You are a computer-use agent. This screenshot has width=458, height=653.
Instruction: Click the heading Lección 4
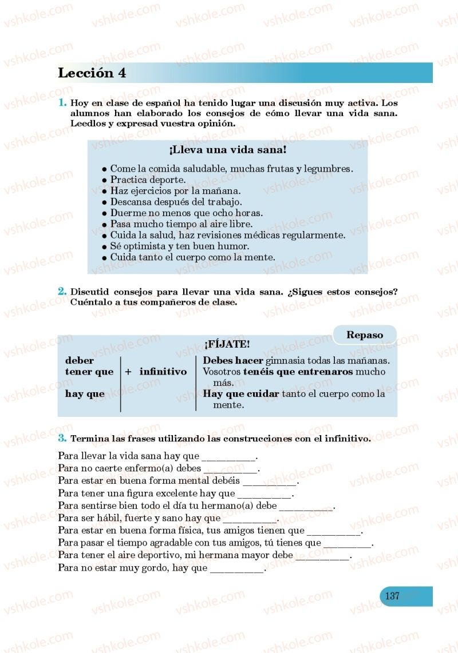(x=92, y=73)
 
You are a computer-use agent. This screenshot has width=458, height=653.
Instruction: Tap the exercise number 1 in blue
(x=62, y=103)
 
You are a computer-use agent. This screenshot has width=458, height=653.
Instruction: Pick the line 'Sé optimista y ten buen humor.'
(x=179, y=246)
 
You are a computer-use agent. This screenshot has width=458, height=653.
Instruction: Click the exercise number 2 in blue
(x=62, y=291)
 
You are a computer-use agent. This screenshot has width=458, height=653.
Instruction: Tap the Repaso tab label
(x=365, y=335)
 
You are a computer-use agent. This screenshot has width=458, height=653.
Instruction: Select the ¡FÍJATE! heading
(x=227, y=344)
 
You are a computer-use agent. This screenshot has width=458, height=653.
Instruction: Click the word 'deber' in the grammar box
(x=80, y=361)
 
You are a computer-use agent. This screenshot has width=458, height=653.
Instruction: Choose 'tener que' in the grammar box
(x=89, y=372)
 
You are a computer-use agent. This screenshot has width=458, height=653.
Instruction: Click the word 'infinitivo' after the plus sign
(x=163, y=372)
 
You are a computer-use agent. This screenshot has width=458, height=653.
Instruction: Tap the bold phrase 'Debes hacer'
(x=233, y=361)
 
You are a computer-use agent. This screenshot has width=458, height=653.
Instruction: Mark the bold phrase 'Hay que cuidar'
(x=241, y=394)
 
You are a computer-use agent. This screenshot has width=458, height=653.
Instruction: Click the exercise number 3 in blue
(x=62, y=439)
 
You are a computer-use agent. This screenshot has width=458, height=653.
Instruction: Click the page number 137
(x=392, y=596)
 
